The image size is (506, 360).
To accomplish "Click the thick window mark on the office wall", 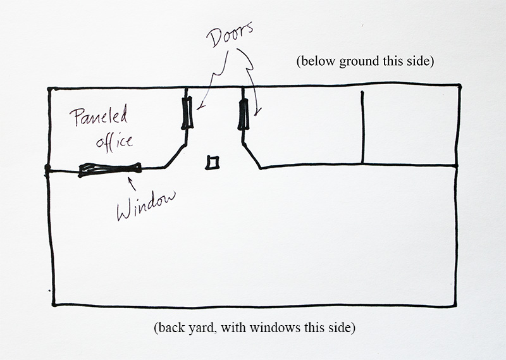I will [x=109, y=169].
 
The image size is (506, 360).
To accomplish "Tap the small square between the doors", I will [x=213, y=163].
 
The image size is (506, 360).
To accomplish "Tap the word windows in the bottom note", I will [x=275, y=328].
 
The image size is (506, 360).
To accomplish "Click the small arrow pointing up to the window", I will [x=132, y=184].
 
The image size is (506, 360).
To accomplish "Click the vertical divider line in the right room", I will [x=362, y=127].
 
